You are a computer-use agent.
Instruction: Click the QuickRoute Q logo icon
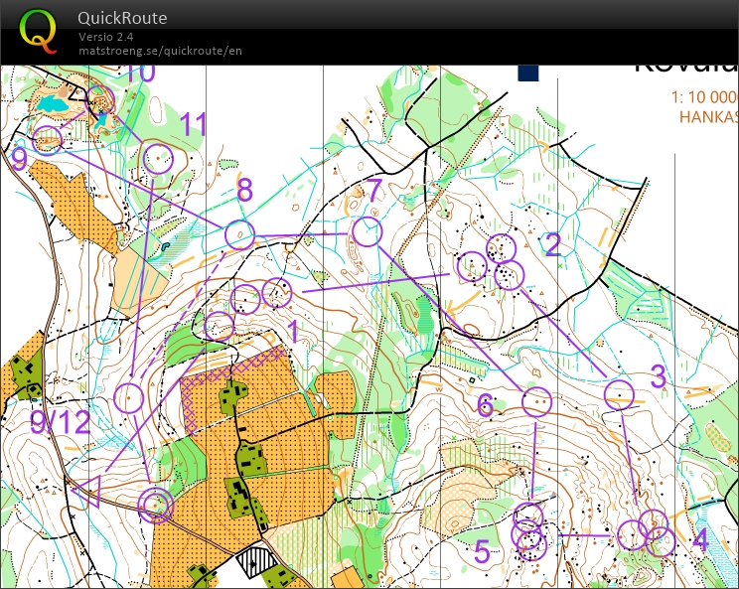click(39, 29)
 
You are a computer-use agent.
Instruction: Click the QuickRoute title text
click(122, 18)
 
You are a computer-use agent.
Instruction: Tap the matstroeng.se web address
click(160, 51)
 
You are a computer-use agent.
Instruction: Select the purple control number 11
click(194, 124)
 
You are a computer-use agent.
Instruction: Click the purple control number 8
click(244, 189)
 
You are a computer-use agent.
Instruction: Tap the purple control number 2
click(553, 244)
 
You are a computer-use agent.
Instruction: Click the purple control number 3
click(658, 376)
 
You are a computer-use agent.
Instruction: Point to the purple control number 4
click(699, 541)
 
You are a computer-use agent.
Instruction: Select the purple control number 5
click(482, 551)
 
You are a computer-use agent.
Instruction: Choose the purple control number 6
click(485, 404)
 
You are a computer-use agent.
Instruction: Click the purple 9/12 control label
click(60, 422)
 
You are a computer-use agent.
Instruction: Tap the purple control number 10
click(141, 73)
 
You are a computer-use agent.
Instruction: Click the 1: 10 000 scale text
click(706, 97)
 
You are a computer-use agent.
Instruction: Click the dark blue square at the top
click(527, 72)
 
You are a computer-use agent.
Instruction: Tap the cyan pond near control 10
click(53, 103)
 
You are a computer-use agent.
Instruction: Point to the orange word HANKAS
click(708, 116)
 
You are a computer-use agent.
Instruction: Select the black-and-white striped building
click(261, 562)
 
